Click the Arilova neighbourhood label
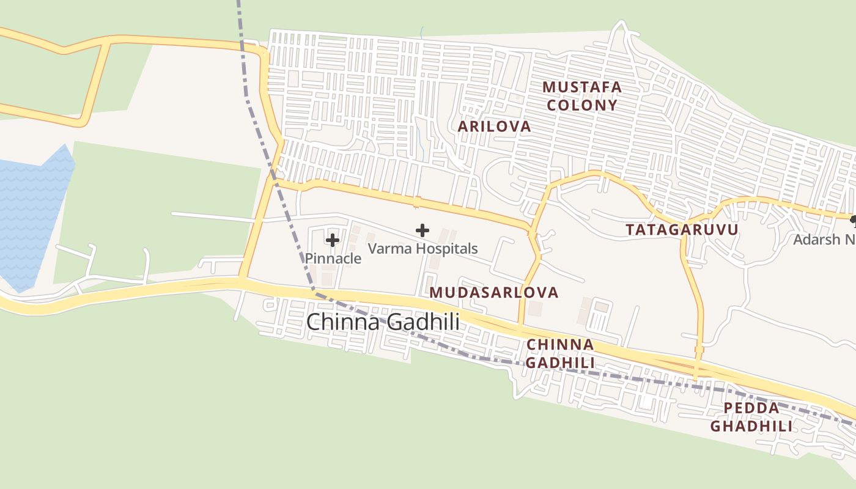point(495,127)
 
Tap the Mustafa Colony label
point(582,96)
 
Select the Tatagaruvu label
point(682,230)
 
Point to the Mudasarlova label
point(494,292)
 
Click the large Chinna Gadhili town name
point(383,322)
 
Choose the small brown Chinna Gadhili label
point(560,353)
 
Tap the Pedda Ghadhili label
point(751,417)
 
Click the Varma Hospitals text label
point(422,249)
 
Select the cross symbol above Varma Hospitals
point(422,230)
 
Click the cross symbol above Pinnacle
point(333,240)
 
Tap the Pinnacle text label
point(333,259)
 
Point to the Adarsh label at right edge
point(825,239)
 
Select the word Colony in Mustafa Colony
point(582,105)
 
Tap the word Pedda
point(751,408)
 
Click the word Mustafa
point(582,87)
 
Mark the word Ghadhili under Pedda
point(751,426)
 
